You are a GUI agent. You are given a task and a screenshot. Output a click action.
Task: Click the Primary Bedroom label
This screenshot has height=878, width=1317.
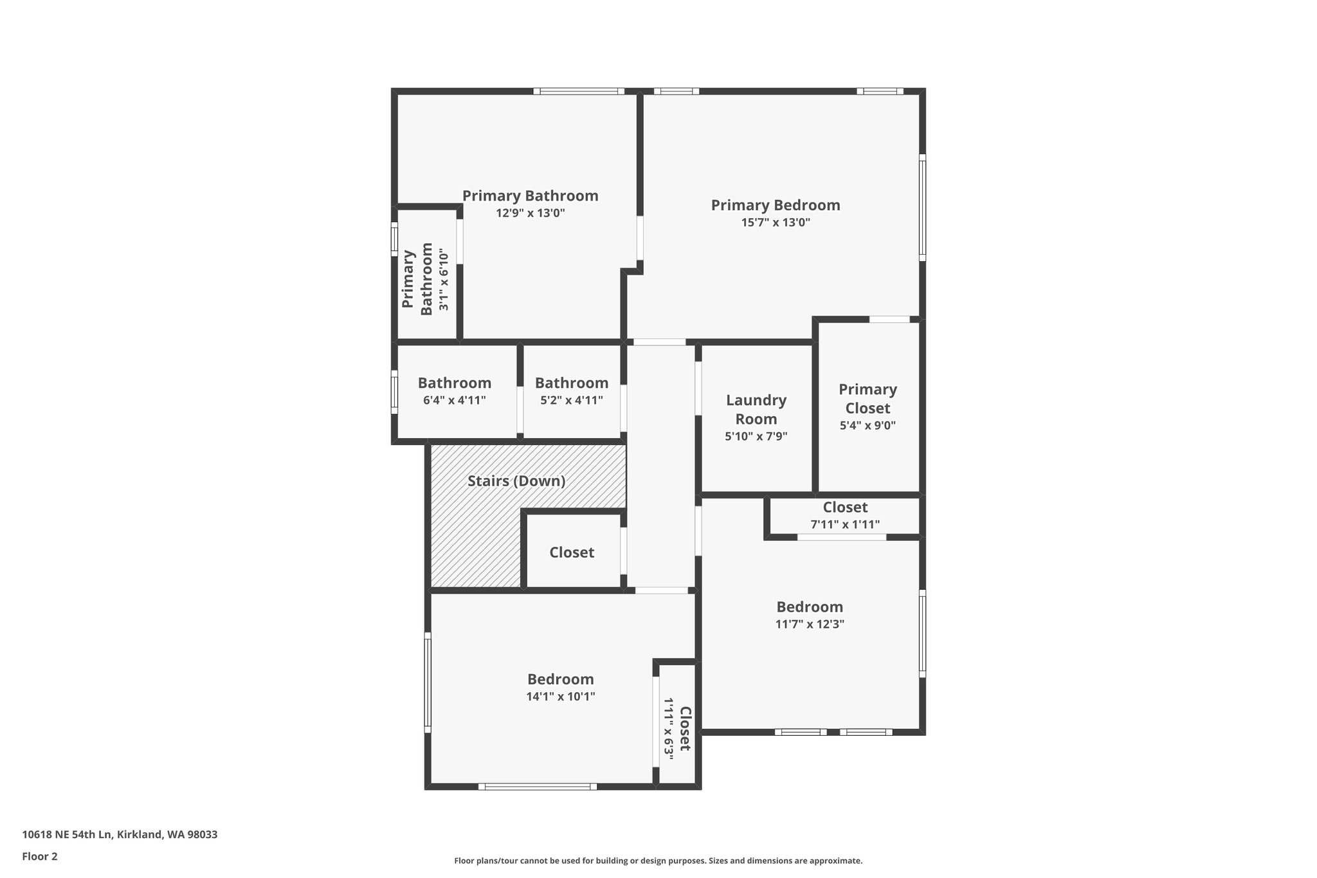coord(775,205)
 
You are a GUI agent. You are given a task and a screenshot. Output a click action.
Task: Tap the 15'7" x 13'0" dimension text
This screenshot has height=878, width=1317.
coord(775,223)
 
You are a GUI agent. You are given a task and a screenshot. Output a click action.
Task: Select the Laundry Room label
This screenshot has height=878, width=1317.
coord(756,410)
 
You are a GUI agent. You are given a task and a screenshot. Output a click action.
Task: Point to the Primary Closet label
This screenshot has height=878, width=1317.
coord(867,399)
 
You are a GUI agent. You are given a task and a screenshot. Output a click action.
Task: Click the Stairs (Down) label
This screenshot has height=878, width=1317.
coord(516,481)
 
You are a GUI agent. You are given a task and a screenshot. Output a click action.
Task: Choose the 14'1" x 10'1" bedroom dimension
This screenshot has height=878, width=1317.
coord(560,697)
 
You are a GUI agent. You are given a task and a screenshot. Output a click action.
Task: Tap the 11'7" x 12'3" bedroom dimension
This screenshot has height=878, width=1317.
coord(810,624)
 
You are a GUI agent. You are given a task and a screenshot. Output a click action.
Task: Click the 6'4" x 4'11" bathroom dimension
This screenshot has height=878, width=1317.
coord(454,400)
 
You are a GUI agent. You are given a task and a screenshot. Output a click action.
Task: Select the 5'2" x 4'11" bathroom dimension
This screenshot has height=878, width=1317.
coord(571,400)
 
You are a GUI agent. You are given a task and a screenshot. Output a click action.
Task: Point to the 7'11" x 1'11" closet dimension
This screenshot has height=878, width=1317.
coord(844,524)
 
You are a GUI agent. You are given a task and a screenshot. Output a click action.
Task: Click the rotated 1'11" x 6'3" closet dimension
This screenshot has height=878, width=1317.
coord(669,729)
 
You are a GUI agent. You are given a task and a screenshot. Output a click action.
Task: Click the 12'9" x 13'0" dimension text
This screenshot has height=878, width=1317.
coord(530,213)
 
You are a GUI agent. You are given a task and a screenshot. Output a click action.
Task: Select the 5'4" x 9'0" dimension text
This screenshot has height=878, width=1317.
coord(867,425)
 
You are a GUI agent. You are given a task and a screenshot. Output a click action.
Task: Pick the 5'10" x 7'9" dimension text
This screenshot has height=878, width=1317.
coord(756,436)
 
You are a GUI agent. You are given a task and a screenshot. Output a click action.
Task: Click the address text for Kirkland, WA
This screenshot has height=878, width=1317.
coord(120,835)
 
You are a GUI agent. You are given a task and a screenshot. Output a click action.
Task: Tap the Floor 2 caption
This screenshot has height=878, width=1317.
coord(40,856)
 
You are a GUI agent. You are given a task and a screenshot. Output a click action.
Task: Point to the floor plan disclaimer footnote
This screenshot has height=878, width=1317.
coord(658,861)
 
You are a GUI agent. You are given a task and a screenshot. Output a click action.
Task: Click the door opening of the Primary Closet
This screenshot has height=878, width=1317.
coord(889,319)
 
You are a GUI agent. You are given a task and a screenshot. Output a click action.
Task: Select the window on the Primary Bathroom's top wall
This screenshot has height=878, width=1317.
coord(579,91)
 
